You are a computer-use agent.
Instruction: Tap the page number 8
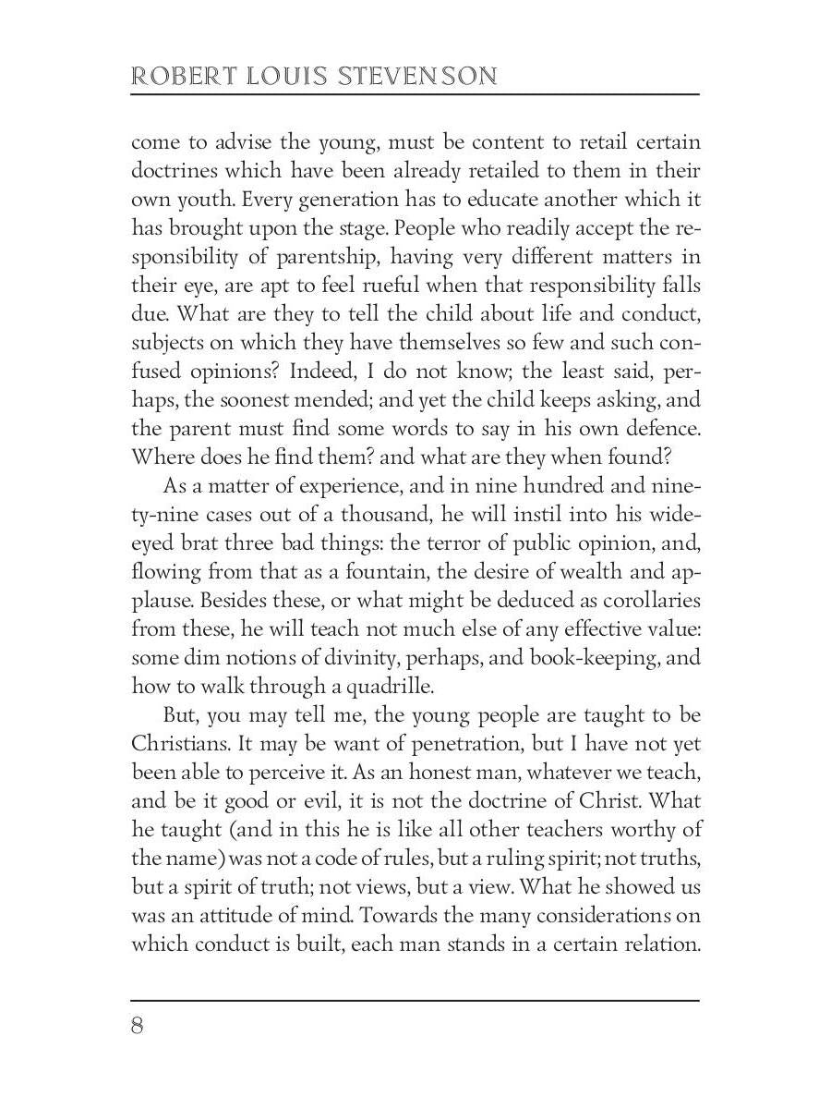pyautogui.click(x=138, y=1027)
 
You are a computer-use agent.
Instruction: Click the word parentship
pyautogui.click(x=303, y=257)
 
